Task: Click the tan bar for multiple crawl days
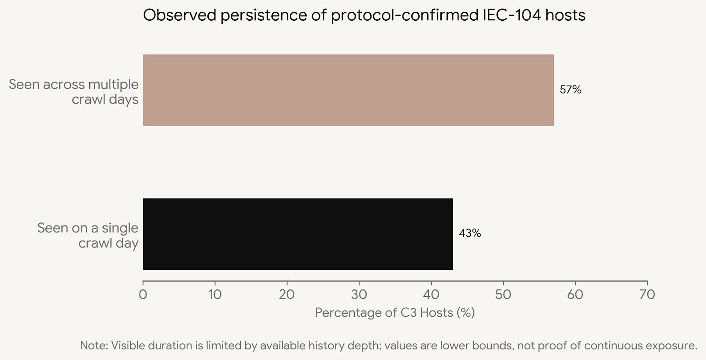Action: tap(348, 90)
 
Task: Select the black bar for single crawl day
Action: tap(297, 234)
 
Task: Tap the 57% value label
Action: tap(571, 90)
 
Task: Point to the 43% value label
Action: tap(470, 233)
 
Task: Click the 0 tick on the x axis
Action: tap(143, 294)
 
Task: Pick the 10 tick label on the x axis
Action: tap(215, 294)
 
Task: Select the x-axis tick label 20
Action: tap(287, 294)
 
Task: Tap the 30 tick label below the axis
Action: tap(359, 294)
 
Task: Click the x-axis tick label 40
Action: tap(431, 294)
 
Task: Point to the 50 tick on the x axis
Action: tap(503, 294)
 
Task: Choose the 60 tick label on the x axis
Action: tap(575, 294)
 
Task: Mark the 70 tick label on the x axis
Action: tap(647, 294)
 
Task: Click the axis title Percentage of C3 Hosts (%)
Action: tap(395, 313)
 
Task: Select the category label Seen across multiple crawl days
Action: tap(74, 92)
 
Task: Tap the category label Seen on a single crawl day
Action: tap(88, 235)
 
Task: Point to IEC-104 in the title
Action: tap(509, 15)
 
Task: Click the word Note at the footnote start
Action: tap(93, 345)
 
